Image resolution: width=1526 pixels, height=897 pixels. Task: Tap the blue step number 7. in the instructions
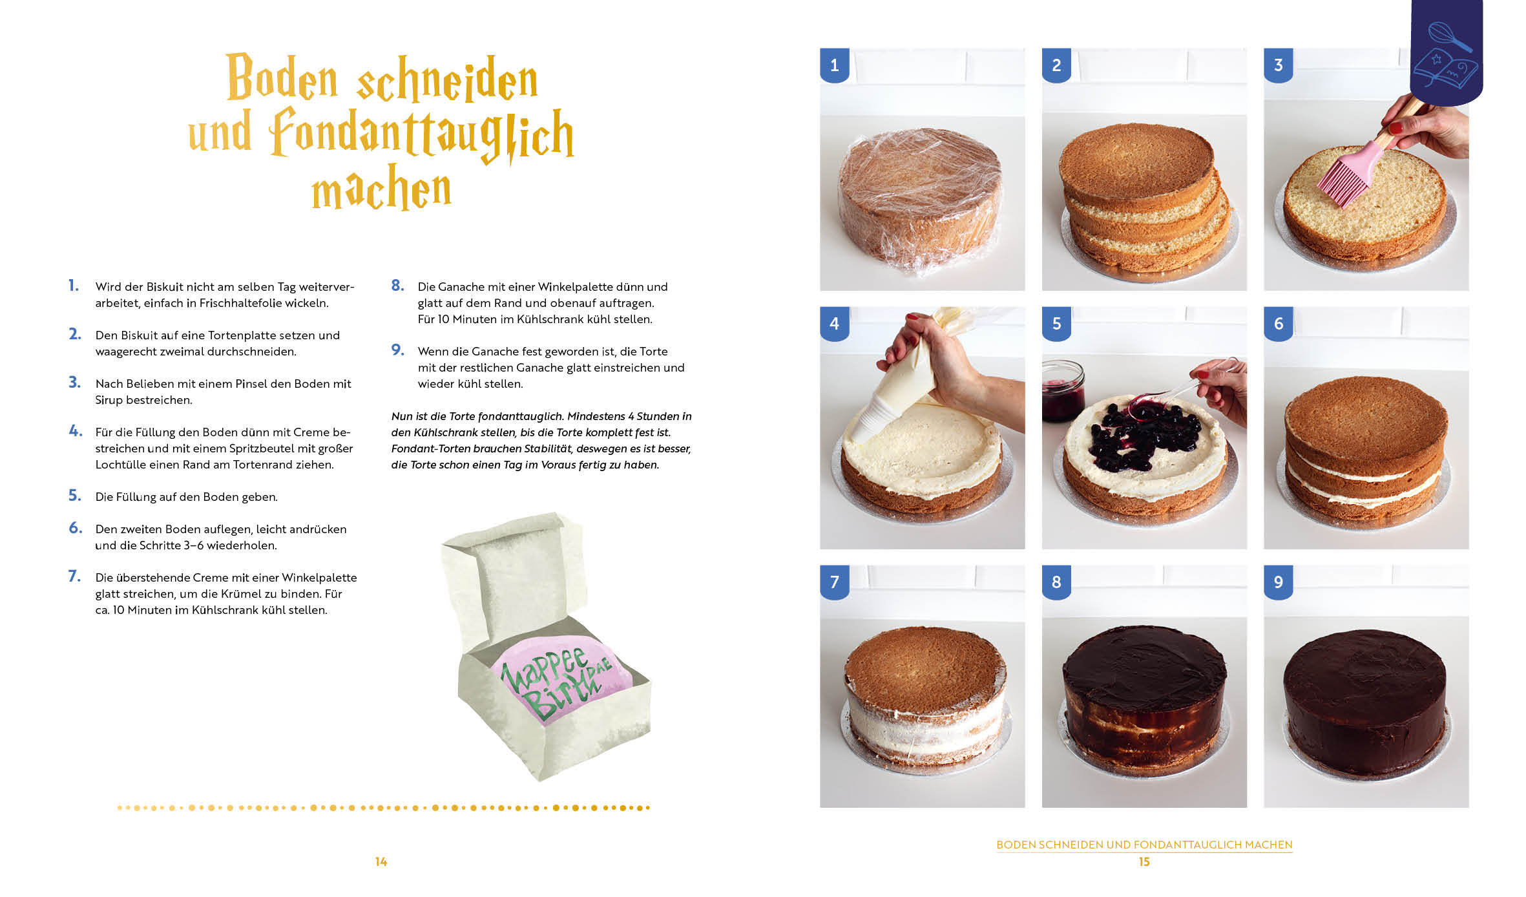click(75, 576)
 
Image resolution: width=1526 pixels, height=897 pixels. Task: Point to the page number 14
click(381, 861)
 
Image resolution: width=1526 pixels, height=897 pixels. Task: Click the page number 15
click(1144, 861)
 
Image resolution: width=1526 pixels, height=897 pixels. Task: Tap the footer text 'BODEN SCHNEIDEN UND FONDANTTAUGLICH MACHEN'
click(1144, 845)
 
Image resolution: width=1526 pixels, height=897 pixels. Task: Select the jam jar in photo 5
click(1062, 391)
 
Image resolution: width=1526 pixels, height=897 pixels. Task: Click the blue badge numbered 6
click(1278, 323)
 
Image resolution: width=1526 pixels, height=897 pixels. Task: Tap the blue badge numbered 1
click(834, 65)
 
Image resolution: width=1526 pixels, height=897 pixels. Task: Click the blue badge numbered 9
click(1278, 582)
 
